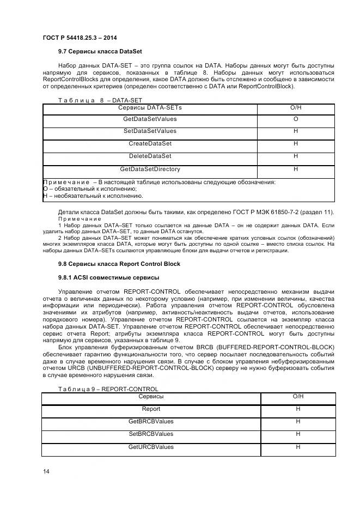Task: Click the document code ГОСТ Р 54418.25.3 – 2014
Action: (x=80, y=38)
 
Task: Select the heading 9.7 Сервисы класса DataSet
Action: (x=100, y=52)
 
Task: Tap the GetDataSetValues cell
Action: (x=150, y=119)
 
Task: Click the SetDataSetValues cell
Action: (x=150, y=131)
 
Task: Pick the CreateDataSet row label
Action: (x=150, y=144)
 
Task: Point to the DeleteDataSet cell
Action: (x=150, y=156)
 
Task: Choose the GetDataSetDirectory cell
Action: (x=150, y=169)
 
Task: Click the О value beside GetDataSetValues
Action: (x=296, y=119)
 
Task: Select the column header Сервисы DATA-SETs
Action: (x=150, y=108)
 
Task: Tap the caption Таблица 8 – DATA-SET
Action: (x=100, y=100)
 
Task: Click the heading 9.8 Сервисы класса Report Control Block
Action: (x=119, y=264)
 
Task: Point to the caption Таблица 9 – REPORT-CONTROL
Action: (x=108, y=389)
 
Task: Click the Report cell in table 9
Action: (x=151, y=409)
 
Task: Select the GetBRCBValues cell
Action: (x=151, y=421)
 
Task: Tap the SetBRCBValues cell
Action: (x=151, y=434)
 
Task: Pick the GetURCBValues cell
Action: (x=151, y=447)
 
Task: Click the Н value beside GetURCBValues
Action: (x=298, y=447)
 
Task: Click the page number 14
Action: (x=46, y=471)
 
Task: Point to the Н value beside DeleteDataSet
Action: (x=296, y=156)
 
